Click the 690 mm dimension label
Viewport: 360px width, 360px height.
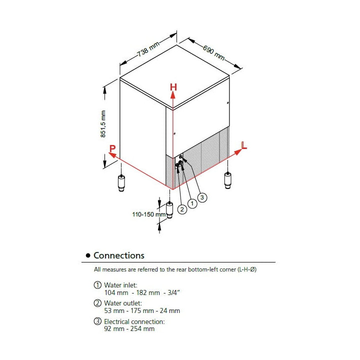point(213,51)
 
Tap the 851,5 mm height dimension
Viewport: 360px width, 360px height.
point(103,124)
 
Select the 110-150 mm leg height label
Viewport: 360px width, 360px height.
point(148,214)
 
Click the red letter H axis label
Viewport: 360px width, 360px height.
point(173,87)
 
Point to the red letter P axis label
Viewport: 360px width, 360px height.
point(112,148)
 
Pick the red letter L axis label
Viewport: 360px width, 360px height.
point(244,145)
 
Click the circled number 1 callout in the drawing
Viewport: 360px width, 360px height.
point(191,203)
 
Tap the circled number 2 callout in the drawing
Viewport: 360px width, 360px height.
point(182,209)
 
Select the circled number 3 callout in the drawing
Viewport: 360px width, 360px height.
point(202,197)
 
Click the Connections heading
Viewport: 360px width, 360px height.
point(119,255)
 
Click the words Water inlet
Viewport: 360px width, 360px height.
point(120,285)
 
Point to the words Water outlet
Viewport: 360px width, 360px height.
point(122,303)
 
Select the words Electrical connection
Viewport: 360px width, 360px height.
point(134,321)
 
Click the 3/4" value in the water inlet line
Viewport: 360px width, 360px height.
point(172,292)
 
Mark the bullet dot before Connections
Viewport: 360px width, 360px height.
point(88,255)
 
